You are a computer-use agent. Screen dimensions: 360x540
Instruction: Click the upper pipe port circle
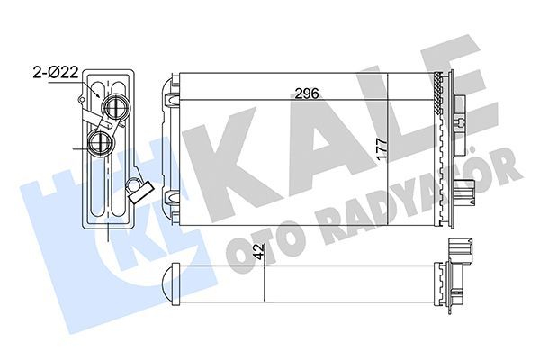tap(113, 109)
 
